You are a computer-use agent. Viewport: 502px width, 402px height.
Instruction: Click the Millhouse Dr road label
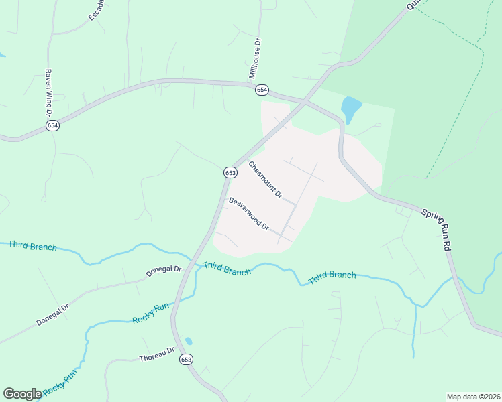(257, 58)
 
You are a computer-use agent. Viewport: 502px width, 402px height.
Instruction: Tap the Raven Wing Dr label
(49, 92)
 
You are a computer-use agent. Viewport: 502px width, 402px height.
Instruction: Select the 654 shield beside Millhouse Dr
(262, 90)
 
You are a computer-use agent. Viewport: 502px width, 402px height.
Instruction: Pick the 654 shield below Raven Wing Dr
(53, 125)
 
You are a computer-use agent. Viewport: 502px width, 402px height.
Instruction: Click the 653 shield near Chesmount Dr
(230, 172)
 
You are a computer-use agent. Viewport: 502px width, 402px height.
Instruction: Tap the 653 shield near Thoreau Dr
(186, 360)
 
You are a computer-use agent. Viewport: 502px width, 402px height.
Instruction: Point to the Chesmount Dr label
(264, 180)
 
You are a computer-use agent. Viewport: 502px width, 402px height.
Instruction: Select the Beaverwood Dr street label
(248, 214)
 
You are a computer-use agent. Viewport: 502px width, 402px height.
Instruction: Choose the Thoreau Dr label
(156, 354)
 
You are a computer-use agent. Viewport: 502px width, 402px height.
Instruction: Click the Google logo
(22, 394)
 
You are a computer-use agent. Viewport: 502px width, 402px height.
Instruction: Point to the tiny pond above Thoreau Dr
(189, 340)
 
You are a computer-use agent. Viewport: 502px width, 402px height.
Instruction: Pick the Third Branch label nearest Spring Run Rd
(332, 275)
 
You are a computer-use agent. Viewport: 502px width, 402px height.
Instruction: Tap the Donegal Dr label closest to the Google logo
(53, 315)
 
